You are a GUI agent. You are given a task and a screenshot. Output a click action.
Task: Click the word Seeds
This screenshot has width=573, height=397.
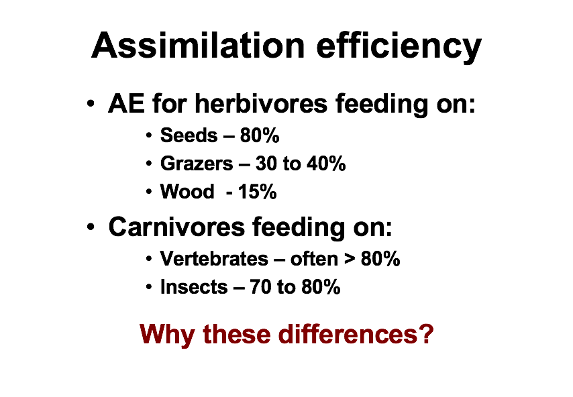point(189,136)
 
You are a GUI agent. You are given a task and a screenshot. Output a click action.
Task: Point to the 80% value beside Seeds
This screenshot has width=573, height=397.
point(260,136)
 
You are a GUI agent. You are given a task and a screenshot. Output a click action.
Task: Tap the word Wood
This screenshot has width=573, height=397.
point(187,192)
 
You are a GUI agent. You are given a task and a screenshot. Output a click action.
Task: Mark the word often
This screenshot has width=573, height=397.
point(313,259)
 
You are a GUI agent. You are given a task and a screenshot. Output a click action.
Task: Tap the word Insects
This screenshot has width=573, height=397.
point(194,288)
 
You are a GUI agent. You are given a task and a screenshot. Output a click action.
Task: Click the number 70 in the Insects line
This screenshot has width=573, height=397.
point(260,288)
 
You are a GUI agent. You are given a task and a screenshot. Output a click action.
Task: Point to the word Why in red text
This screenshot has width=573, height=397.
point(168,333)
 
